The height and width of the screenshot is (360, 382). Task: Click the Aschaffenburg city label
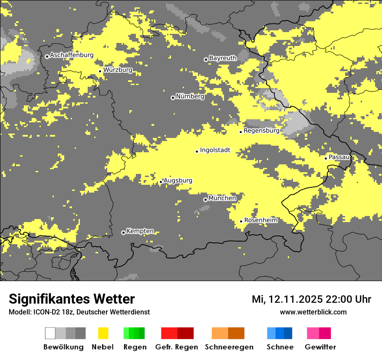pos(72,56)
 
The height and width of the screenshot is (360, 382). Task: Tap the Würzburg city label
pos(118,70)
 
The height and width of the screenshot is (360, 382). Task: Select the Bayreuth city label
pos(223,58)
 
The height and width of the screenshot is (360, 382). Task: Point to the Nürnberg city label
pos(190,97)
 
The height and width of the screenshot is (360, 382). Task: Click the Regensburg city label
pos(261,131)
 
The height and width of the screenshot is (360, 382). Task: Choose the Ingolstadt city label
pos(215,151)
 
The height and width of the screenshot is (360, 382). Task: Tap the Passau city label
pos(339,157)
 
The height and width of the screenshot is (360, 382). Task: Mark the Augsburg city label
pos(178,181)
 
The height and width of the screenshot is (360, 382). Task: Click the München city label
pos(222,198)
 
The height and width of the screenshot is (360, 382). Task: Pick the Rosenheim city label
pos(260,220)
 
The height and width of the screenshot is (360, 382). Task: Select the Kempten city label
pos(140,231)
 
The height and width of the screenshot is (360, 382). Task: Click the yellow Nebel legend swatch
pos(103,333)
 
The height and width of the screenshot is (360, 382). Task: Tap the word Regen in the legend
pos(135,347)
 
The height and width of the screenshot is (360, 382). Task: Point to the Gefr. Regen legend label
pos(177,347)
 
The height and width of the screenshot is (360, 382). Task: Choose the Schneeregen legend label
pos(229,347)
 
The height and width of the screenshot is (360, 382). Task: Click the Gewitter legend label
pos(320,347)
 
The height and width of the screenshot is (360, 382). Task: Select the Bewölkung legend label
pos(63,347)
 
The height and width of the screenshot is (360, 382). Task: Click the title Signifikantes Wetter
pos(72,299)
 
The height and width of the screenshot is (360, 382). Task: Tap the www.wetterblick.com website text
pos(313,312)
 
